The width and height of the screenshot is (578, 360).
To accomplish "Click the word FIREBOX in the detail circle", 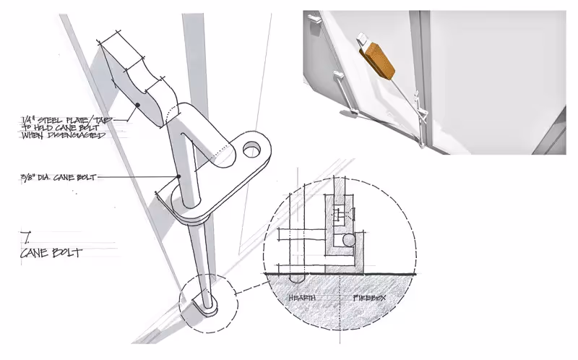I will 368,297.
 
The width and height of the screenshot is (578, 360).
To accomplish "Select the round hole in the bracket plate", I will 253,150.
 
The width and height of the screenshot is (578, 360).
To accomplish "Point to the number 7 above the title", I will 27,236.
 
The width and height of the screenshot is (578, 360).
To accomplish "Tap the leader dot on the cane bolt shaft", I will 178,176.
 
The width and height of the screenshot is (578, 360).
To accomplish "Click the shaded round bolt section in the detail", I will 349,239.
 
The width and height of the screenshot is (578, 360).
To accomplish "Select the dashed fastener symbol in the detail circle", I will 338,214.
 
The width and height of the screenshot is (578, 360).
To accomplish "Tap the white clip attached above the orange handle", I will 362,39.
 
